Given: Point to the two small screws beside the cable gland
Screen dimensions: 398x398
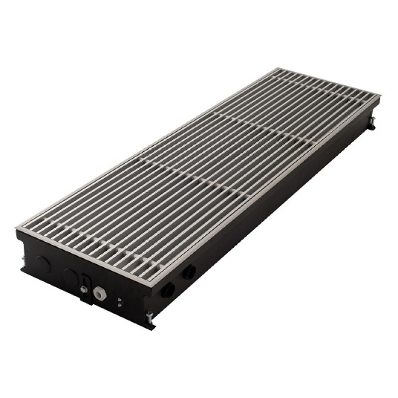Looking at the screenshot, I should (x=120, y=301).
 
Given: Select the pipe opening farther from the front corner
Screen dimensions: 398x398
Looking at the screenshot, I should (x=189, y=272).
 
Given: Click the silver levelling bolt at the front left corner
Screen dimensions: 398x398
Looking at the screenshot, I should (x=23, y=259).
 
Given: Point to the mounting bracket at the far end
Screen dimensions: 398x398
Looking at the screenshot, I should (x=371, y=123).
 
